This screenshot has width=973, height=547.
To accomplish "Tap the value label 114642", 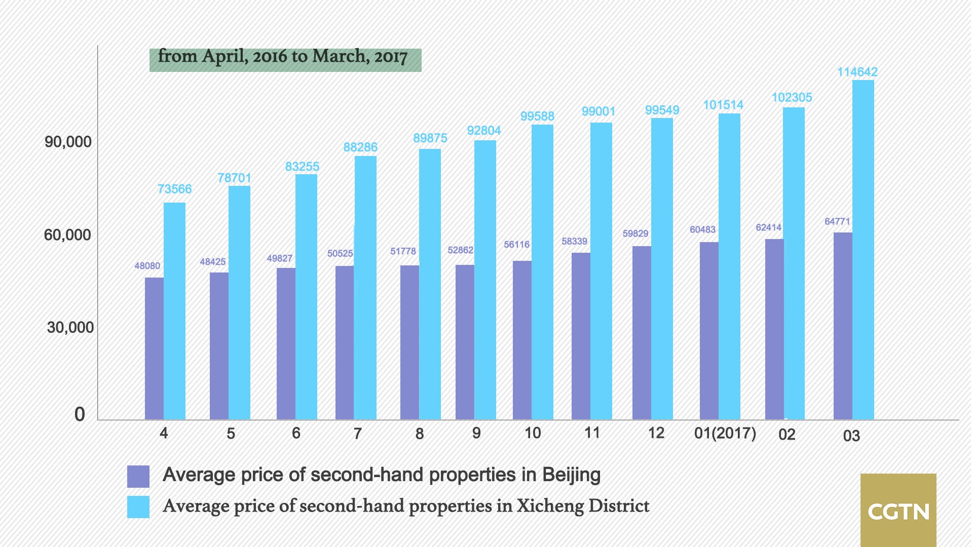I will [x=857, y=72].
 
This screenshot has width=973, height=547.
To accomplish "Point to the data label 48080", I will [x=147, y=266].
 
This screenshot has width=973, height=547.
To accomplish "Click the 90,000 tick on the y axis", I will [x=68, y=142].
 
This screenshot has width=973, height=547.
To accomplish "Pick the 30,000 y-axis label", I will [x=70, y=328].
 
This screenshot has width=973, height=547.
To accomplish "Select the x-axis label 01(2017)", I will [x=725, y=434].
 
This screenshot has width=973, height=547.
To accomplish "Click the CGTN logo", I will [x=898, y=510].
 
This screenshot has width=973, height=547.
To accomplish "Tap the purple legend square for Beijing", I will [x=138, y=476].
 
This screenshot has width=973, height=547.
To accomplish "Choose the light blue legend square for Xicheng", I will [x=138, y=506].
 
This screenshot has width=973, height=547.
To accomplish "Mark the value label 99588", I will [x=537, y=116].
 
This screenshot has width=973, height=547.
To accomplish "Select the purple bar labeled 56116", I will [x=522, y=340].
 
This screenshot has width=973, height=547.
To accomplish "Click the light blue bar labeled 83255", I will [x=306, y=297].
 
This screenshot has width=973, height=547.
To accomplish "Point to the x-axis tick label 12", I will [x=656, y=433].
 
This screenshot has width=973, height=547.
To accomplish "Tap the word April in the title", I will [x=225, y=56].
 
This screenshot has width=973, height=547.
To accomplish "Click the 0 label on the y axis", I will [x=80, y=414].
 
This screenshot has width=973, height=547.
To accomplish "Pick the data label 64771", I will [x=837, y=221].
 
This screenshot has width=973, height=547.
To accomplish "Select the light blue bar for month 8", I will [x=430, y=284].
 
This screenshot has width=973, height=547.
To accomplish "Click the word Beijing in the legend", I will [x=571, y=475].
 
